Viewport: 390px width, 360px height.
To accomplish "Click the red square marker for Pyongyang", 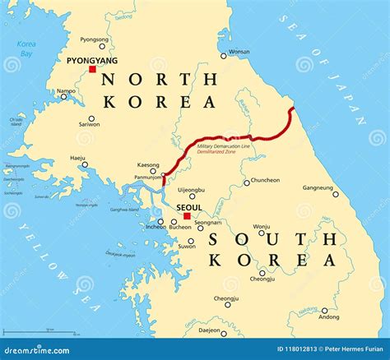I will [93, 70].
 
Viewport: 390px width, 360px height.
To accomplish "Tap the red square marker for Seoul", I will [187, 216].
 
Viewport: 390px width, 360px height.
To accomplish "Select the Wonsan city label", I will [239, 51].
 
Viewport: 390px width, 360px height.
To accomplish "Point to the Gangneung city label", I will [318, 187].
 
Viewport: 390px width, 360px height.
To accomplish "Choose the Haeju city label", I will [78, 156].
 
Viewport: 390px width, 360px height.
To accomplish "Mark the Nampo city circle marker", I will [63, 97].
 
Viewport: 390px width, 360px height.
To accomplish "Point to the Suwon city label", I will [188, 246].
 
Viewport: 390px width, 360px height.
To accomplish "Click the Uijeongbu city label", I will [192, 188].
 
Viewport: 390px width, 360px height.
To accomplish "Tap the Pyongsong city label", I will [94, 39].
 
